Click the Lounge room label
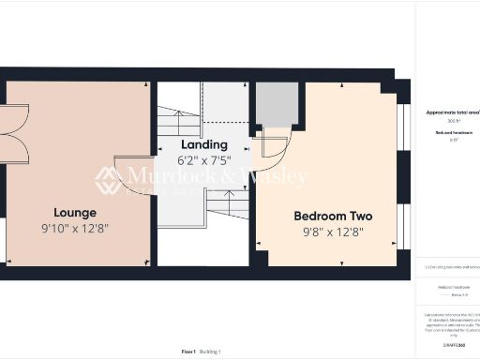[75, 212]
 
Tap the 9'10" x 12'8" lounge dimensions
[75, 229]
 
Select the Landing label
[204, 144]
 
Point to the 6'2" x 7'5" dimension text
[204, 159]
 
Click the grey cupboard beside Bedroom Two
[277, 104]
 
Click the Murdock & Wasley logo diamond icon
[108, 179]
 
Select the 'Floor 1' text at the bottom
[188, 352]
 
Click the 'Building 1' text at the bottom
[212, 352]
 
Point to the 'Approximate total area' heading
[452, 112]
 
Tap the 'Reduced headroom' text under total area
[452, 132]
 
